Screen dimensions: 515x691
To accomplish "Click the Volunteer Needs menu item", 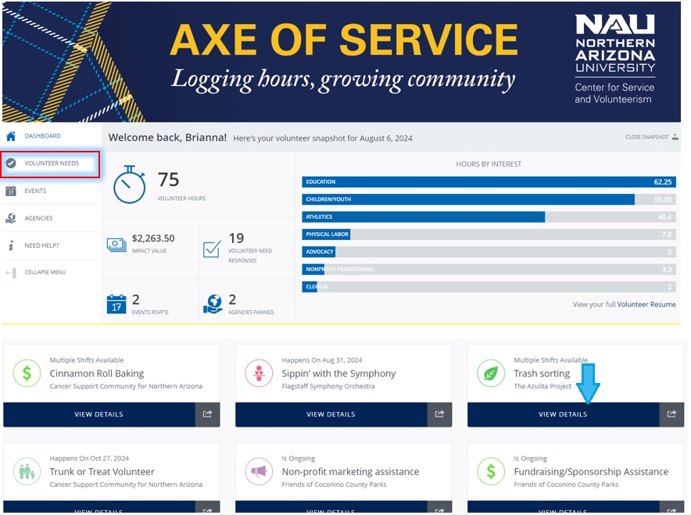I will pyautogui.click(x=52, y=163).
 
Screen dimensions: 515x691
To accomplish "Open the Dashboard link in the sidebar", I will pyautogui.click(x=42, y=136).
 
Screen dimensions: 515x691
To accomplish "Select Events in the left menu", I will pyautogui.click(x=35, y=191).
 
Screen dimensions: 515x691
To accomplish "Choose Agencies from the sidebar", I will pyautogui.click(x=38, y=218).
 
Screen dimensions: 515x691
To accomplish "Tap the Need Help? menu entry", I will pyautogui.click(x=41, y=245).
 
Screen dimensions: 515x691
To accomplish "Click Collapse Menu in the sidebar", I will pyautogui.click(x=45, y=272).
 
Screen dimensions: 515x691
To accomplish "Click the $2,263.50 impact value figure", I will pyautogui.click(x=153, y=238).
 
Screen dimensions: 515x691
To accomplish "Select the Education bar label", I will pyautogui.click(x=320, y=182).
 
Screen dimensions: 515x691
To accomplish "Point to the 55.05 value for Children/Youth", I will pyautogui.click(x=663, y=199).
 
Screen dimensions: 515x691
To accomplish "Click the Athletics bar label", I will pyautogui.click(x=319, y=216).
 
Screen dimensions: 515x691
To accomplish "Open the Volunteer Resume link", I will pyautogui.click(x=646, y=305).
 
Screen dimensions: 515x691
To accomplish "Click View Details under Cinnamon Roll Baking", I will pyautogui.click(x=98, y=414).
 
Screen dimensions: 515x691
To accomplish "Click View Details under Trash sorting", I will pyautogui.click(x=563, y=414).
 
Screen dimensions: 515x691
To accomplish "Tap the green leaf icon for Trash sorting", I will pyautogui.click(x=491, y=374).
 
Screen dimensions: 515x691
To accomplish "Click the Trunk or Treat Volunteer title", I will pyautogui.click(x=102, y=472).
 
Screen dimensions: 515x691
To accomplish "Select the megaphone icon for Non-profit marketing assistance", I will pyautogui.click(x=259, y=472).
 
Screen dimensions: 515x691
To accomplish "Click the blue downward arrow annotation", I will pyautogui.click(x=589, y=384).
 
